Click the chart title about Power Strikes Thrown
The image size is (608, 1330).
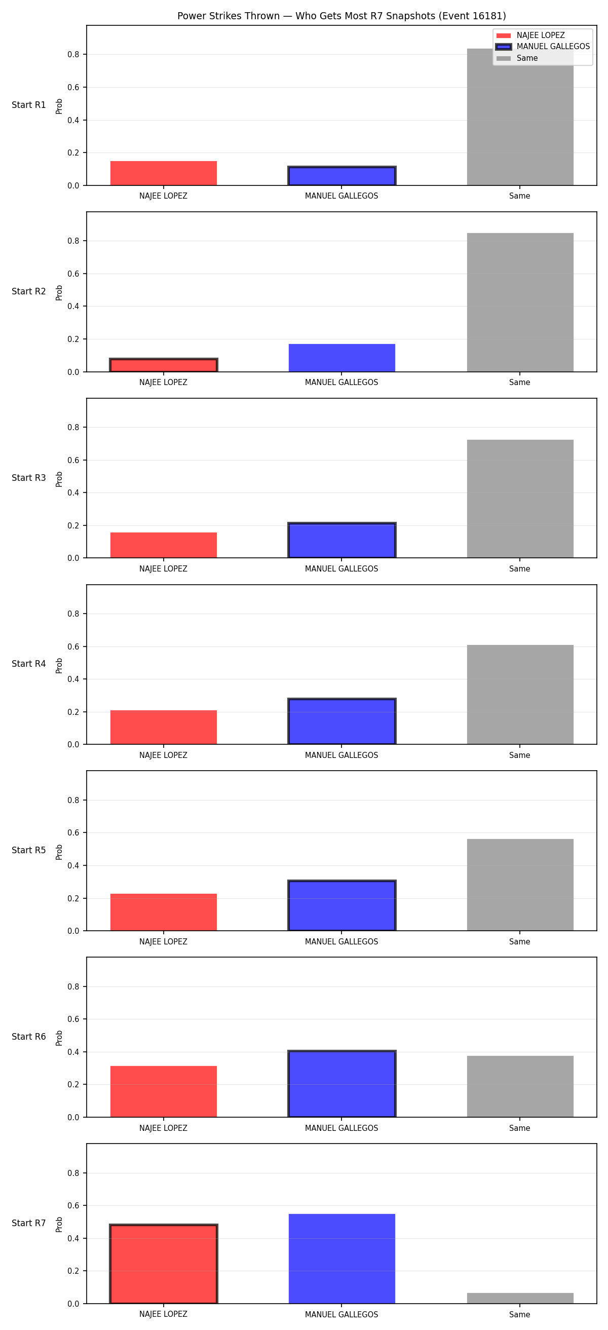point(341,16)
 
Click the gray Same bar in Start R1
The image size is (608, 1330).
point(520,117)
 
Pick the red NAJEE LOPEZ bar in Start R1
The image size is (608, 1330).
point(163,173)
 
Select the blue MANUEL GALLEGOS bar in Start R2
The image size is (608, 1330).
point(341,358)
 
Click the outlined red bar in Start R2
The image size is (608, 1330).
point(163,365)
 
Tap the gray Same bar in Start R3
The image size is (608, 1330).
point(520,499)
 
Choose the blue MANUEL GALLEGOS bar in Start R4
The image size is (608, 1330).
point(341,721)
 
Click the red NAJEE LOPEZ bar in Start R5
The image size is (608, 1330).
point(163,913)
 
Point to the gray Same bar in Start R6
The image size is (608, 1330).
point(520,1086)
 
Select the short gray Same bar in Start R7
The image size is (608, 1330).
point(520,1298)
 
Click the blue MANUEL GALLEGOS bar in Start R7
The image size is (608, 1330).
point(341,1259)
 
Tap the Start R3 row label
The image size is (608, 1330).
point(29,478)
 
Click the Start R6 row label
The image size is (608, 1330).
point(29,1037)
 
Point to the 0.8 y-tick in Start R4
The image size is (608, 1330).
point(73,614)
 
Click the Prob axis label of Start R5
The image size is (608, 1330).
point(59,852)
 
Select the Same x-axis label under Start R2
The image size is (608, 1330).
point(520,383)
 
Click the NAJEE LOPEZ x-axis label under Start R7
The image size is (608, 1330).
point(163,1314)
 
